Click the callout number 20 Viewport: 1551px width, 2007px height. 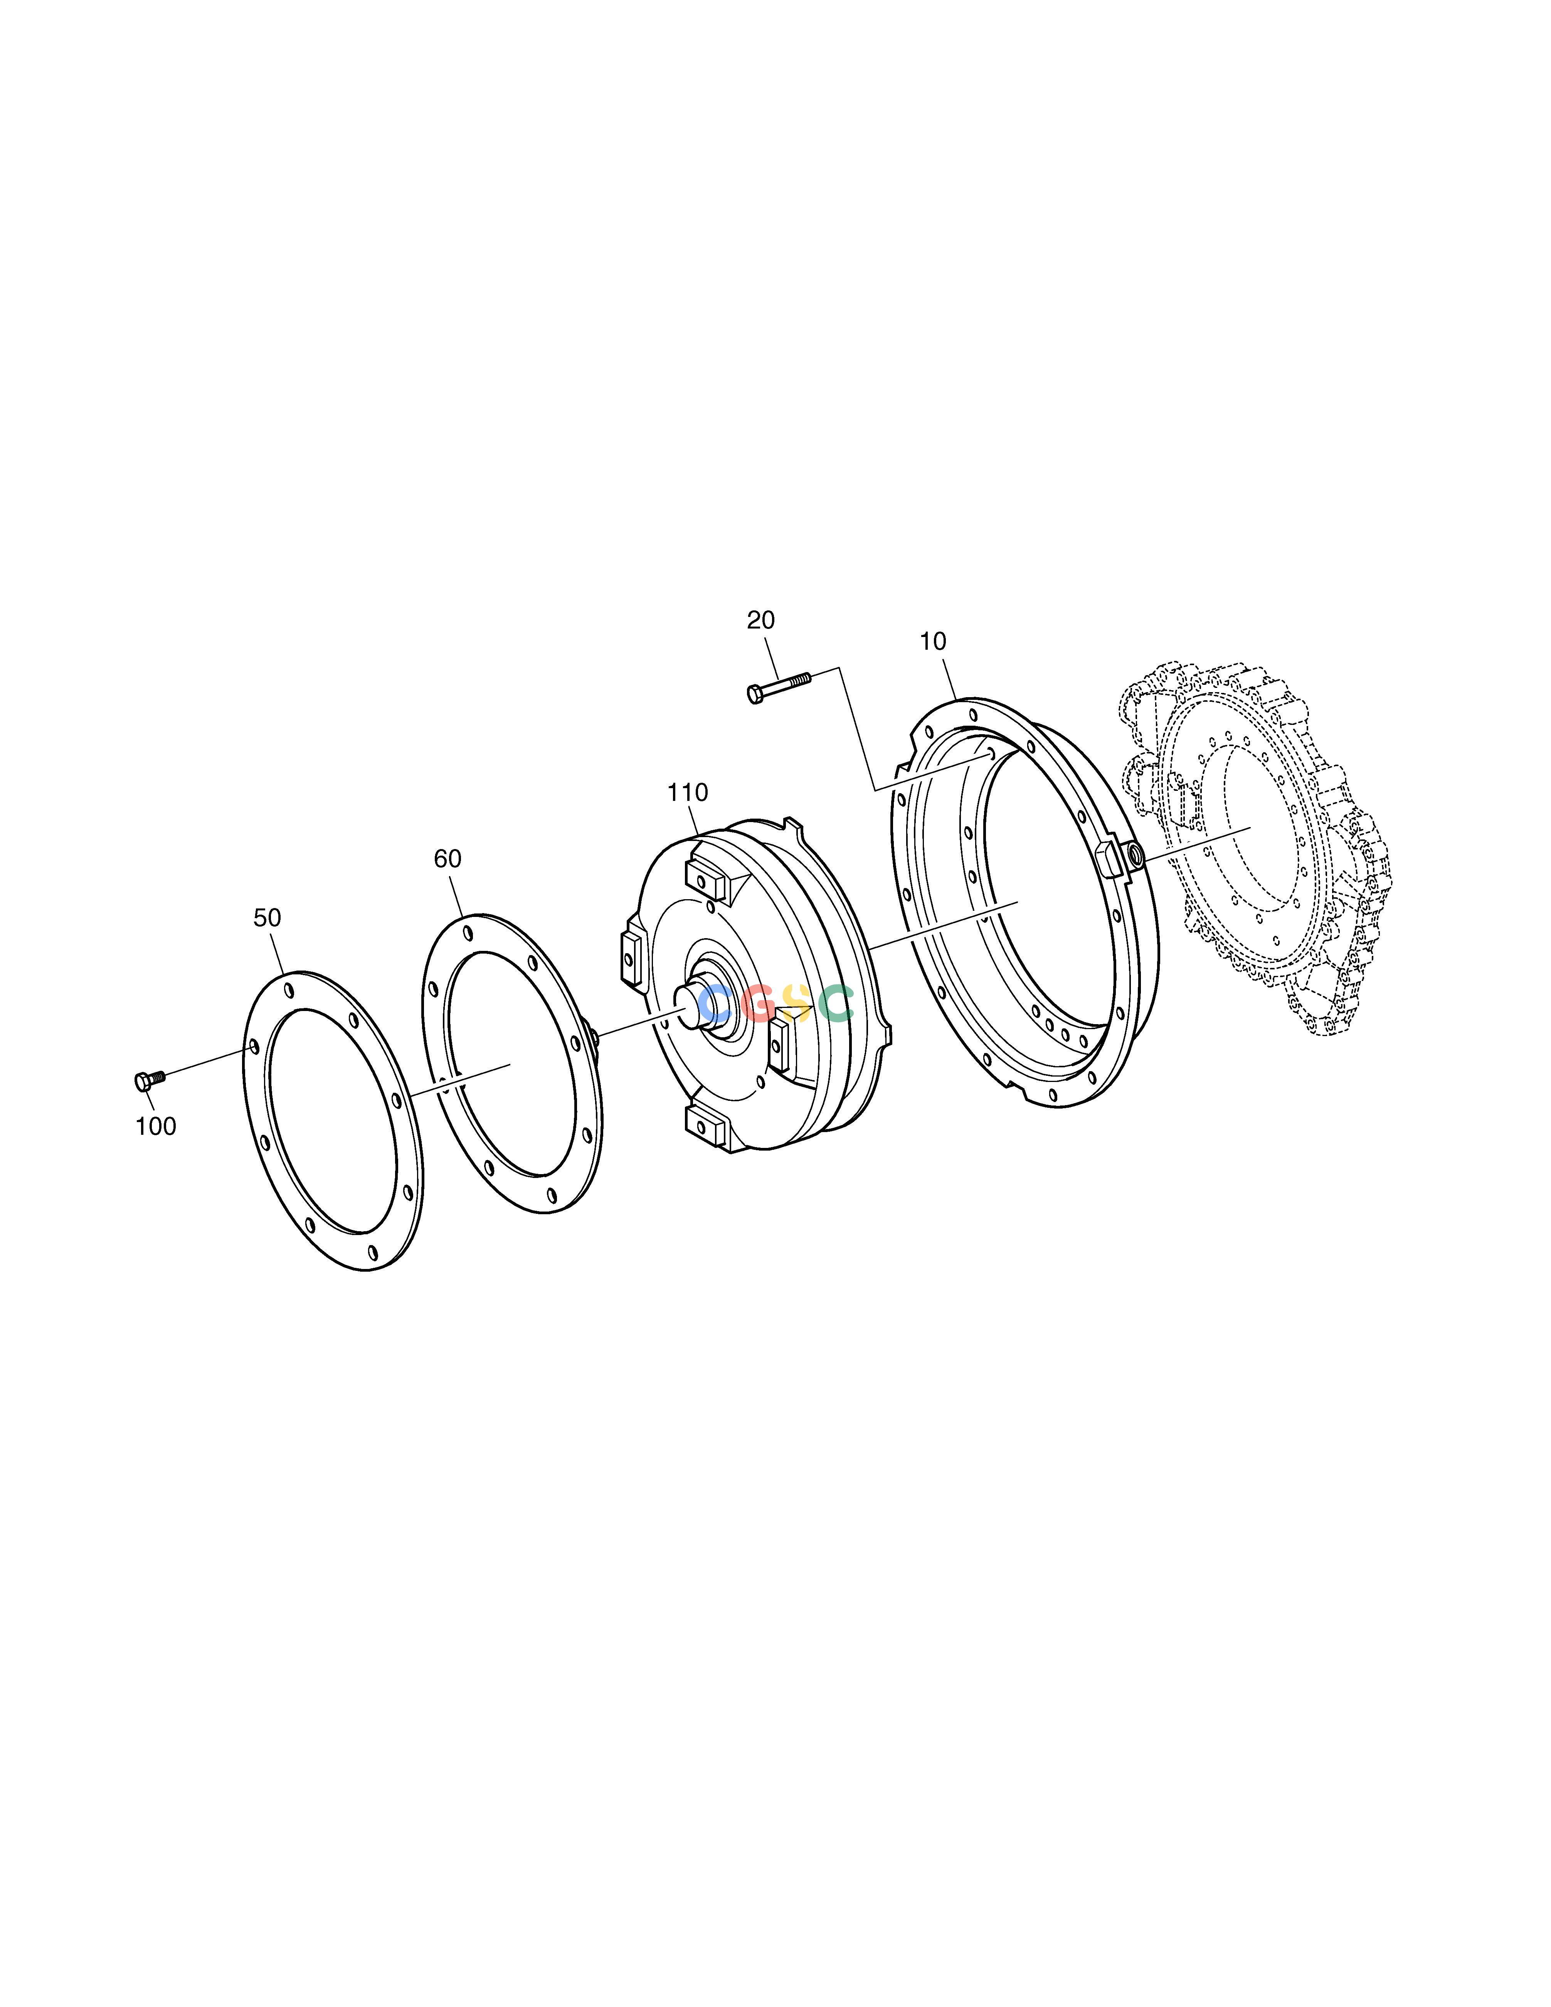761,620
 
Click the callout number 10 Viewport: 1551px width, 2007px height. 933,642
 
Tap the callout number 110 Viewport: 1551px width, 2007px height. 687,792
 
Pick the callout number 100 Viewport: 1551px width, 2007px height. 155,1127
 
